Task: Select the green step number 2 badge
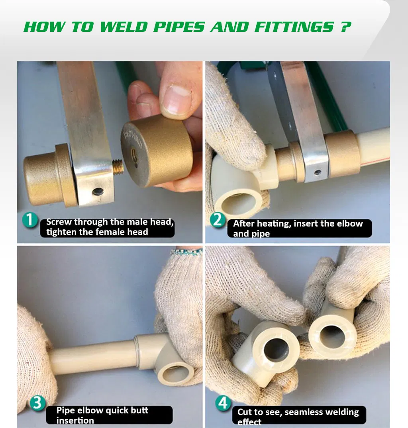pyautogui.click(x=218, y=219)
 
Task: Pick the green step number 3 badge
pyautogui.click(x=37, y=403)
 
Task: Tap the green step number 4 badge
pyautogui.click(x=224, y=403)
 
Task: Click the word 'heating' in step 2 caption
pyautogui.click(x=274, y=224)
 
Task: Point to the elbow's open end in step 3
pyautogui.click(x=177, y=373)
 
